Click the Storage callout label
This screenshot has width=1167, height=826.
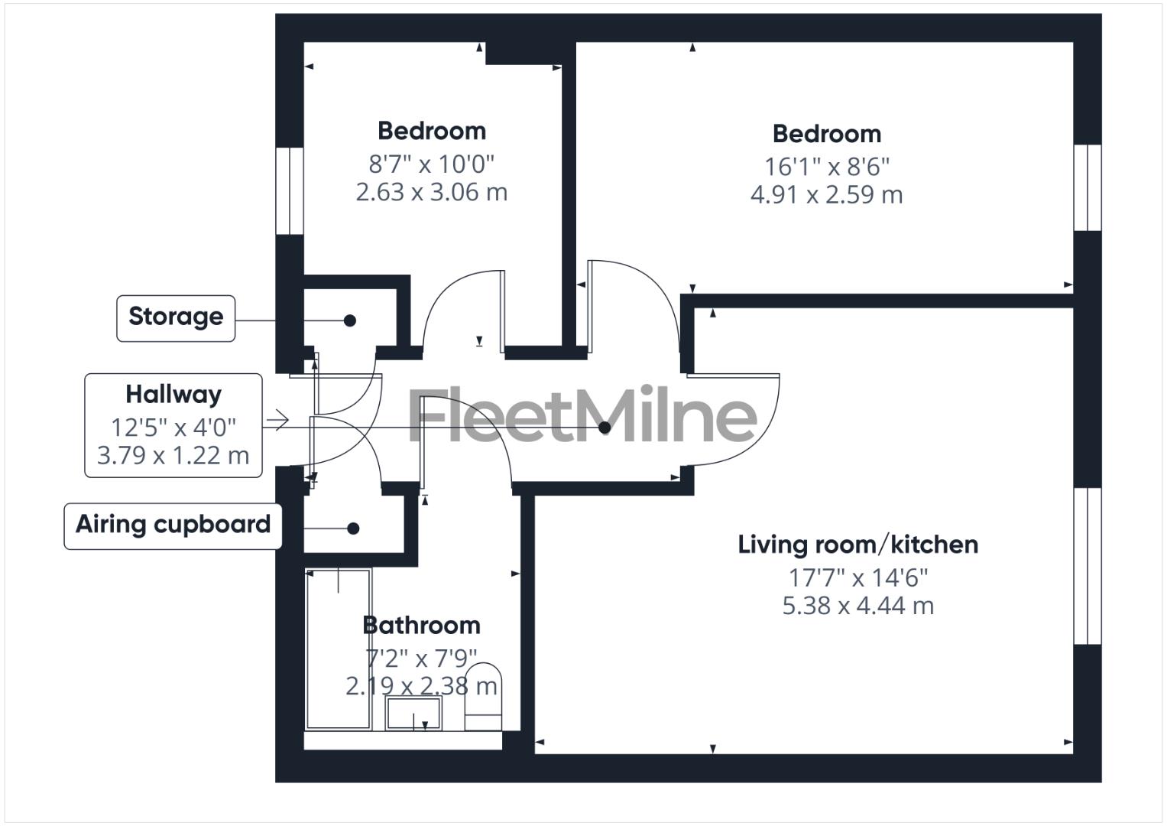[176, 317]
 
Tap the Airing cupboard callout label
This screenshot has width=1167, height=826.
[173, 525]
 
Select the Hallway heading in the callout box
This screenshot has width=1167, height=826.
[173, 395]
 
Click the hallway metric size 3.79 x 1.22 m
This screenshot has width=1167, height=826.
[173, 456]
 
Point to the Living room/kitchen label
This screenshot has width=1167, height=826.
[857, 545]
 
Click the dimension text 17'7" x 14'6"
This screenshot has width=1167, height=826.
[857, 577]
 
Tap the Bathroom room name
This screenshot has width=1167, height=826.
[421, 626]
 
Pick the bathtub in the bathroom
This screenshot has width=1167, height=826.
[339, 649]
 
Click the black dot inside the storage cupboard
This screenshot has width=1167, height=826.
[350, 320]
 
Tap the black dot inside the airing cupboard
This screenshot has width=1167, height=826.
[353, 528]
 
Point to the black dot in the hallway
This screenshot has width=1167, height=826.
[605, 428]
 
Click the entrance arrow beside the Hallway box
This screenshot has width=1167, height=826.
[277, 421]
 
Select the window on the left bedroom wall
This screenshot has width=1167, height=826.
[290, 190]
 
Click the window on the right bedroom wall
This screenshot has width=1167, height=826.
[1087, 187]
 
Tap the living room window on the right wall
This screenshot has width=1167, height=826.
[1087, 566]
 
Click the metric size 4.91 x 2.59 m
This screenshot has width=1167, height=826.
[826, 195]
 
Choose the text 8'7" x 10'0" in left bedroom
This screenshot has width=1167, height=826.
[432, 163]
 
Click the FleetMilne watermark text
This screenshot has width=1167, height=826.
[582, 416]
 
